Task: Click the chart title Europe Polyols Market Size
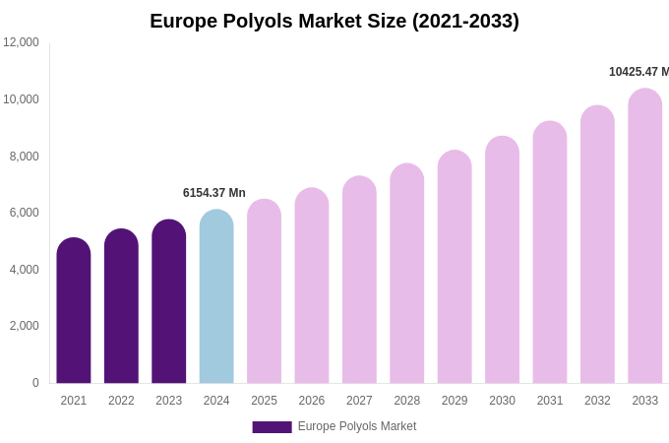[x=334, y=21]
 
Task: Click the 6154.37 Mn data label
[x=214, y=193]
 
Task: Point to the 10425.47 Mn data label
[x=639, y=72]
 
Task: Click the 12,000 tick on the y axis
[x=21, y=42]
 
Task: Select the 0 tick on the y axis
[x=35, y=383]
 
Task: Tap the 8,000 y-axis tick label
[x=24, y=156]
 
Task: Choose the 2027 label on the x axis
[x=359, y=401]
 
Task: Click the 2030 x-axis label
[x=502, y=401]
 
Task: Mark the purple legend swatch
[x=272, y=427]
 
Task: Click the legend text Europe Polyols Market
[x=357, y=426]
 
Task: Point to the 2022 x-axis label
[x=121, y=401]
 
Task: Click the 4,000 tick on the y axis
[x=24, y=270]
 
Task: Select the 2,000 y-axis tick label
[x=24, y=326]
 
